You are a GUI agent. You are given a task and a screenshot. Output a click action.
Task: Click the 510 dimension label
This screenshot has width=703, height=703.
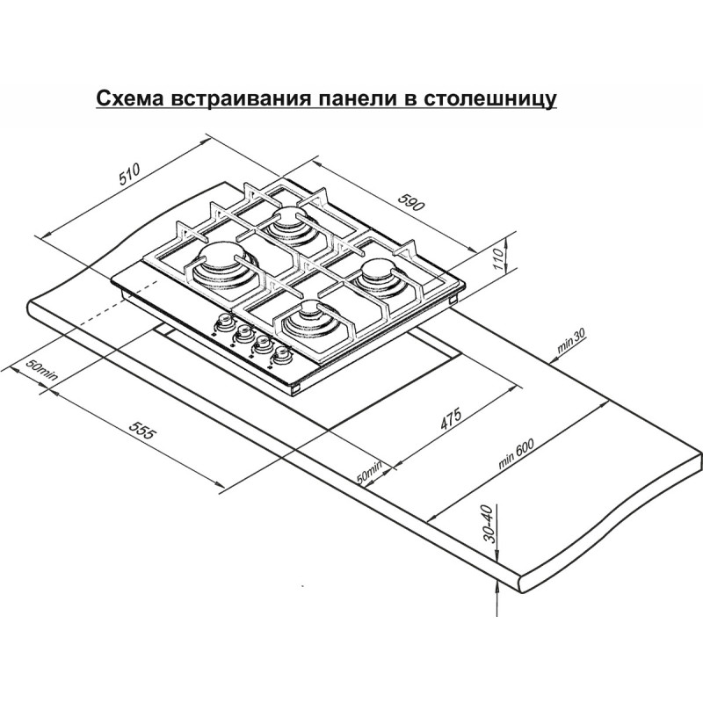click(130, 174)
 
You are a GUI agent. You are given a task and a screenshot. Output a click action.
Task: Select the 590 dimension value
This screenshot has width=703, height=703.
click(410, 203)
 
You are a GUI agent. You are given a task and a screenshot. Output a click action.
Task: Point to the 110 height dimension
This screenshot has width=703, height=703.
click(498, 259)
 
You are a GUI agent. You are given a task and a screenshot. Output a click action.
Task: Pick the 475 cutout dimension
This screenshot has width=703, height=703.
click(451, 420)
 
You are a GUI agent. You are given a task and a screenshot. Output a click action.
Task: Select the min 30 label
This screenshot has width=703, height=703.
click(571, 341)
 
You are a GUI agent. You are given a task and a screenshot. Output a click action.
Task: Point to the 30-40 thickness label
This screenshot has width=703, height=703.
click(491, 524)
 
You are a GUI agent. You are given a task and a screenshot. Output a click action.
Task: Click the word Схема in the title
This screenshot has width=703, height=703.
click(129, 98)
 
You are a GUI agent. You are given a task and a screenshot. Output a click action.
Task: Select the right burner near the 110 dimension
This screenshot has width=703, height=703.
click(382, 276)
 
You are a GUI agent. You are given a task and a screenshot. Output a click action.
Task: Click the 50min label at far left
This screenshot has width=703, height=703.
click(41, 370)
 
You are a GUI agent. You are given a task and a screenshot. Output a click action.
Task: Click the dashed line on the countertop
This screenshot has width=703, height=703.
click(119, 302)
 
